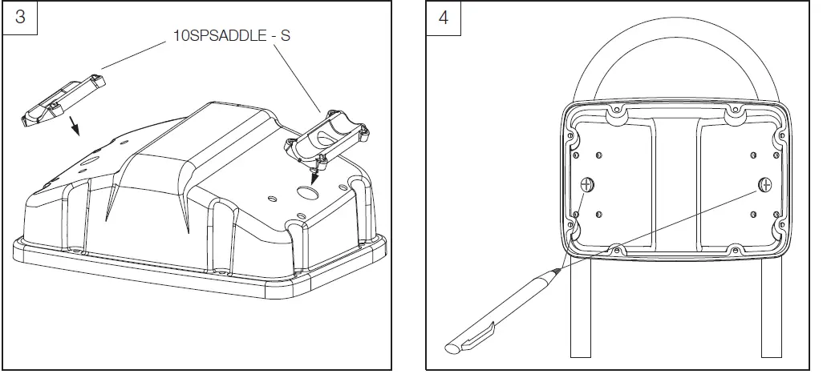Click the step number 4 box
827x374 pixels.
[444, 19]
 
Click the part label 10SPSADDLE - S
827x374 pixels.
[221, 37]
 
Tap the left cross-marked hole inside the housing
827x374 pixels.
[587, 185]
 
